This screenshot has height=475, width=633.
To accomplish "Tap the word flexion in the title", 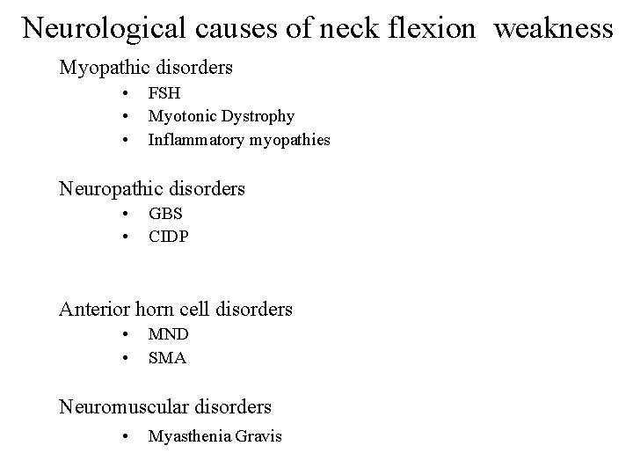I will pos(435,28).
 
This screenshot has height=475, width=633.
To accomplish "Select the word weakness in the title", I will pos(553,28).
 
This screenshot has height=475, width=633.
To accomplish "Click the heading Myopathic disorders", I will pos(145,67).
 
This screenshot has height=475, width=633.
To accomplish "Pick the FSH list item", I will pos(164,91).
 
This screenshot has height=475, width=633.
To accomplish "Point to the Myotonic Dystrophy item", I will pos(222,115).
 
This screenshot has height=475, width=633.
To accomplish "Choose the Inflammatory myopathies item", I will pos(239,139).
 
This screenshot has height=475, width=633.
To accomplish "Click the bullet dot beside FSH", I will pos(127,91).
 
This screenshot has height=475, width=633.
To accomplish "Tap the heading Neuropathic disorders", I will pos(151,188).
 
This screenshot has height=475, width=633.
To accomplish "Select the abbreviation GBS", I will pos(165,213).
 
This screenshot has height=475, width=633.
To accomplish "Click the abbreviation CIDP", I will pos(168,237).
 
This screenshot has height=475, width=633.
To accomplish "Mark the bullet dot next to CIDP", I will pos(127,237).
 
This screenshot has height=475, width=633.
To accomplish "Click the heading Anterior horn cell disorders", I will pos(175,310).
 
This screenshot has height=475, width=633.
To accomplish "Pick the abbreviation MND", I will pos(168,334).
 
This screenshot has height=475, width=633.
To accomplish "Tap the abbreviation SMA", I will pos(167,358).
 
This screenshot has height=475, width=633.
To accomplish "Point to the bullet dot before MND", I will pos(127,334).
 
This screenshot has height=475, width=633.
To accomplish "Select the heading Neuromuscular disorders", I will pos(164,407).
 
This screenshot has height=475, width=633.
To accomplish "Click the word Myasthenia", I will pos(189,436).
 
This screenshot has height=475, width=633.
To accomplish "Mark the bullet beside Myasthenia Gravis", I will pos(127,436).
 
